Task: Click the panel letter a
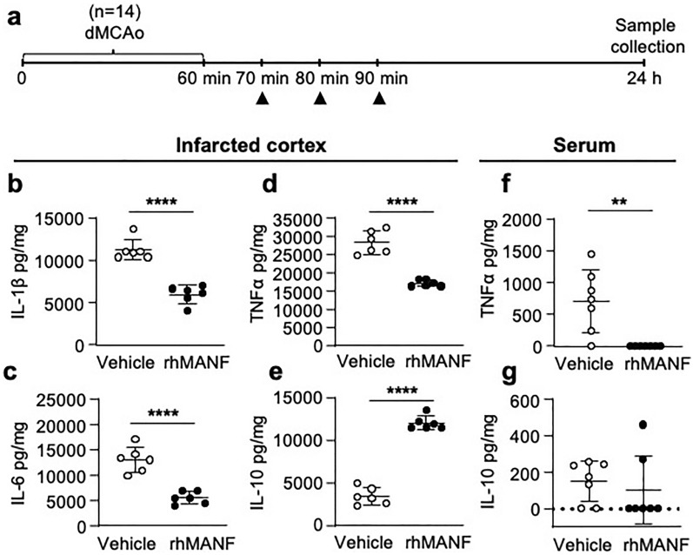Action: (14, 16)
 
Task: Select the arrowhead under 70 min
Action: (262, 101)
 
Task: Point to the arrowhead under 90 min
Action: (378, 101)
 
